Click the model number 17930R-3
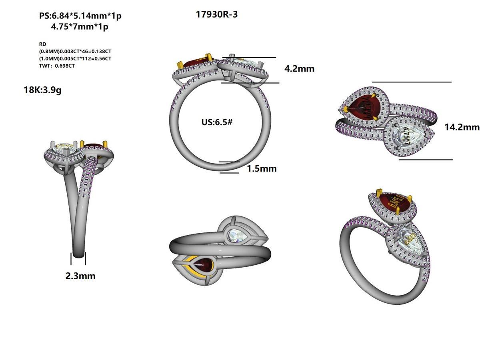(x=217, y=15)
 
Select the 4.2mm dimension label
(x=299, y=69)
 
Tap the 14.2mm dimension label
(x=462, y=127)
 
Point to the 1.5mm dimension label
(x=261, y=168)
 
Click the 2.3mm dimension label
(x=80, y=276)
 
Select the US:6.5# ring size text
(x=217, y=122)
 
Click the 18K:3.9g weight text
(x=42, y=90)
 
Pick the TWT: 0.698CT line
(x=56, y=66)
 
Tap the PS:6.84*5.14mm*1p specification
(x=80, y=16)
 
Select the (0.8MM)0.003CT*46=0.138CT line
(x=75, y=51)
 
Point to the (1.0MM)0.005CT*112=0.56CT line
(x=75, y=58)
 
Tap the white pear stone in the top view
(x=405, y=135)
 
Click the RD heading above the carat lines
(x=42, y=44)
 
